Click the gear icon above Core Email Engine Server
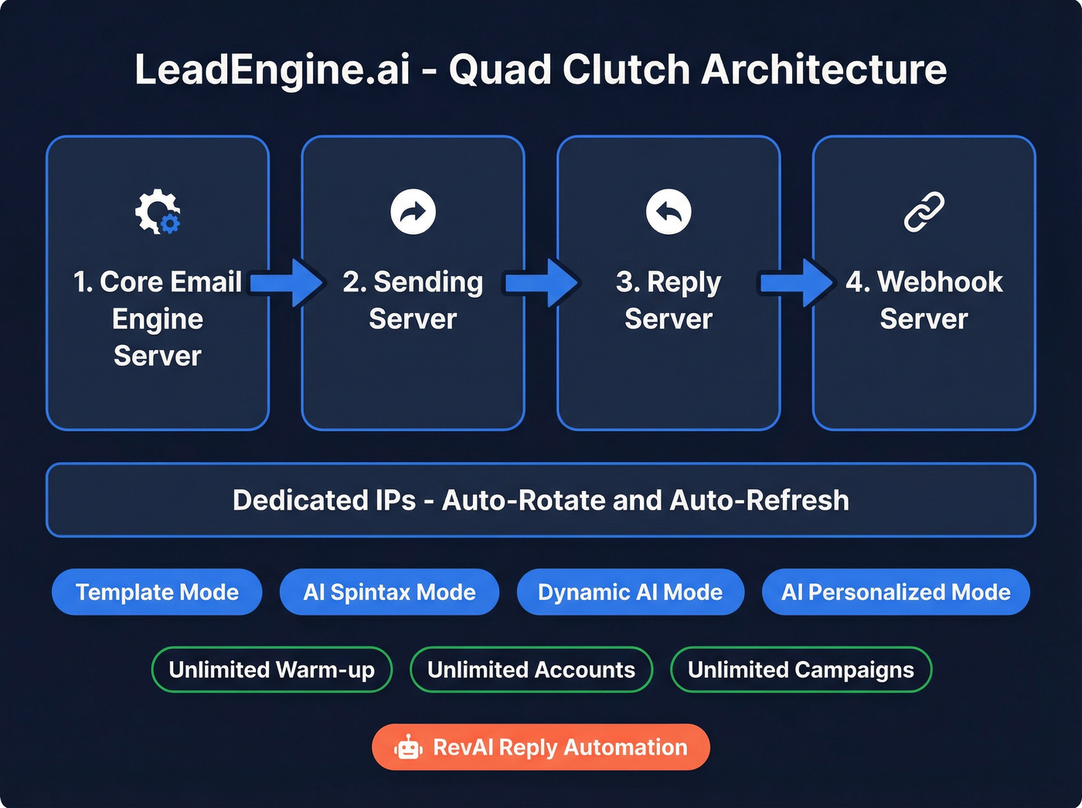point(158,211)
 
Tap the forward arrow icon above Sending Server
point(413,211)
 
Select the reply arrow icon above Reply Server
point(669,211)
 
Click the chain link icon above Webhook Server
point(924,211)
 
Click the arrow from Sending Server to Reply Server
point(541,283)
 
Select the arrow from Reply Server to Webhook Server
point(797,283)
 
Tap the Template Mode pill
point(157,592)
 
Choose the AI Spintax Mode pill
point(390,592)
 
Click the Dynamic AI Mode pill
point(630,592)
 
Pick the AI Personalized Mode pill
point(896,592)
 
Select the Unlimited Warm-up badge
point(272,670)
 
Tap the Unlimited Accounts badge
point(531,670)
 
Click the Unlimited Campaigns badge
point(801,670)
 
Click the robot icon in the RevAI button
point(408,748)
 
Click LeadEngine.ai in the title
point(272,70)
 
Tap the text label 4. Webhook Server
point(924,300)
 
